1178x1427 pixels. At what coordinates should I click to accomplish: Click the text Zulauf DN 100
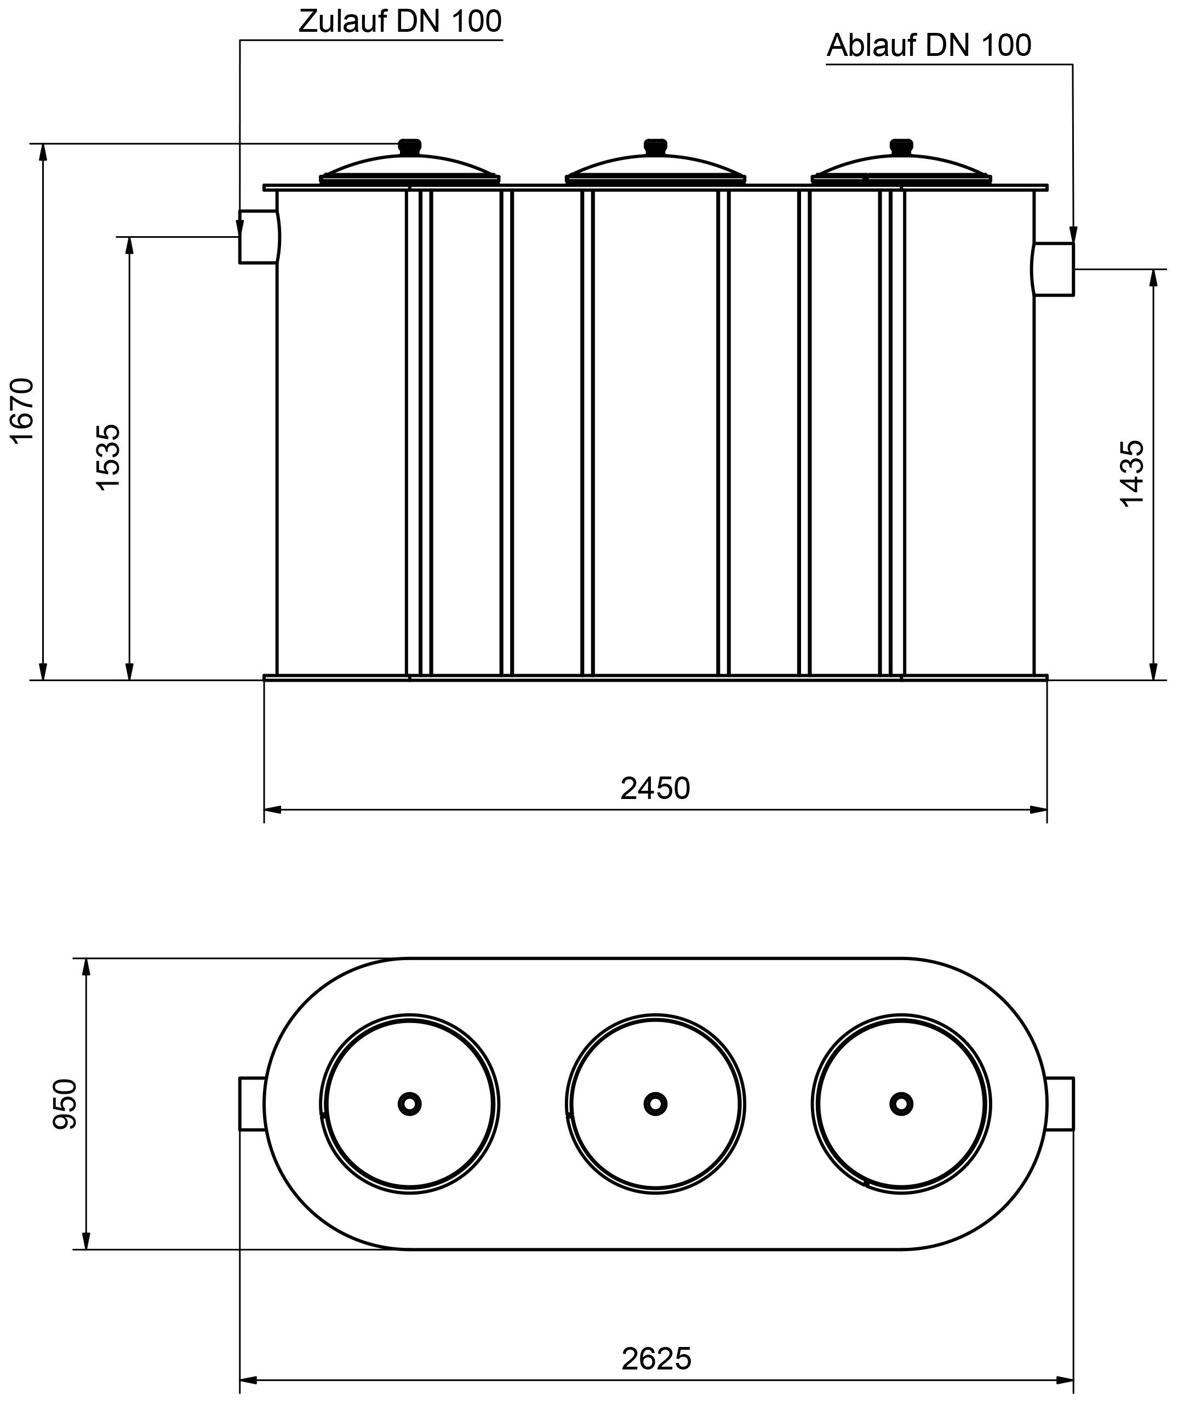tap(399, 22)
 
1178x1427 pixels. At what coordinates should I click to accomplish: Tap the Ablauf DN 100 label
tap(928, 46)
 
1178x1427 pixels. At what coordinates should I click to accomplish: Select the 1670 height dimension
tap(22, 410)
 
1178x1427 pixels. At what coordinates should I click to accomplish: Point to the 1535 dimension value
tap(108, 458)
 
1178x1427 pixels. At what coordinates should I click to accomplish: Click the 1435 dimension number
tap(1132, 473)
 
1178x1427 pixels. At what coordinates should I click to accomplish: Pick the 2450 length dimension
tap(655, 789)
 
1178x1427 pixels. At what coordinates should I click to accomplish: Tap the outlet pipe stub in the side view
tap(1053, 270)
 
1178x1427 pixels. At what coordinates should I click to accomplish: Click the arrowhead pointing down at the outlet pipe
tap(1073, 234)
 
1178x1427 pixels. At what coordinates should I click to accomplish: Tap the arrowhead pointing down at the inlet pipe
tap(239, 228)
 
